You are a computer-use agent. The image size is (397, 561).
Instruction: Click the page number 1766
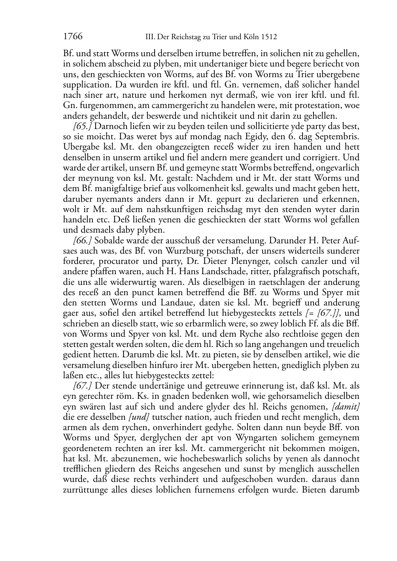coord(73,37)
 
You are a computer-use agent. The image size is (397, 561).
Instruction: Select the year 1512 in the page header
coord(269,37)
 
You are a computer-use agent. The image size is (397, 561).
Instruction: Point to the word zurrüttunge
coord(88,490)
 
